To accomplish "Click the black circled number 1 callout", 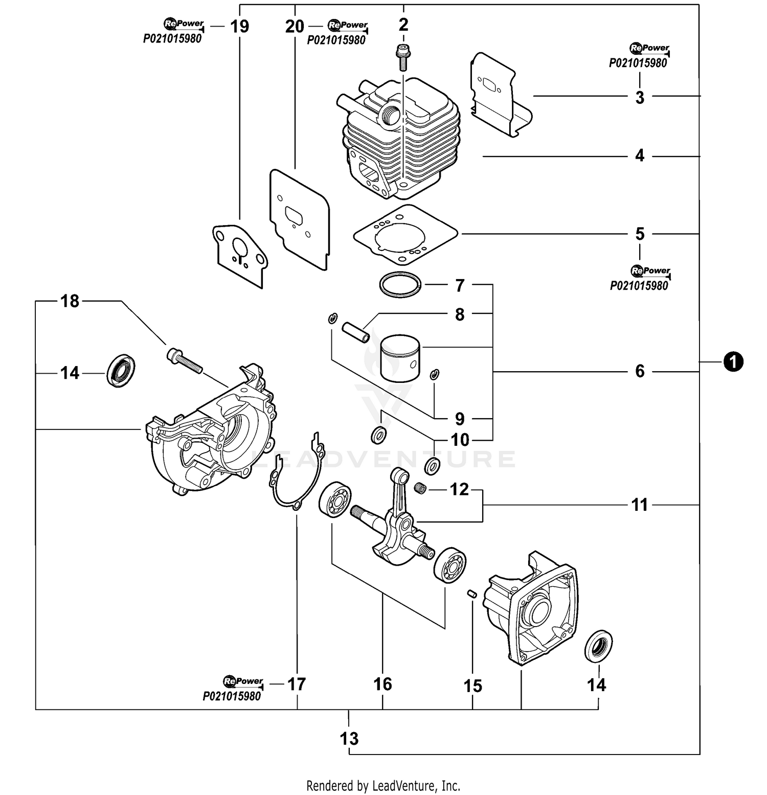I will pos(733,362).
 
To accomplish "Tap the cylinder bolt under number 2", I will pos(403,58).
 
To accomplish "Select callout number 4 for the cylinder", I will pos(640,156).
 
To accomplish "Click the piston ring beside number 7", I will pos(400,284).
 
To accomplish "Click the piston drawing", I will pos(400,357).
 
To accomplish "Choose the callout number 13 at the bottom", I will pos(349,738).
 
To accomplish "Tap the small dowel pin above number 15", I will pos(472,593).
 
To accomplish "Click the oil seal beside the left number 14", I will pos(121,370).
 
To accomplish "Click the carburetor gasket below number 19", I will pos(240,254).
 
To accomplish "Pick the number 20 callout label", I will pos(295,26).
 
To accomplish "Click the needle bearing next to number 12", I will pos(420,488).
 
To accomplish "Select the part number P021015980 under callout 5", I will pos(639,286).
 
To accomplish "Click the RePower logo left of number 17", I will pos(243,681).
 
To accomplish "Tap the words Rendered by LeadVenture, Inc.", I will pos(383,785).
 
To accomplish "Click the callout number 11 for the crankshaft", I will pos(639,505).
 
